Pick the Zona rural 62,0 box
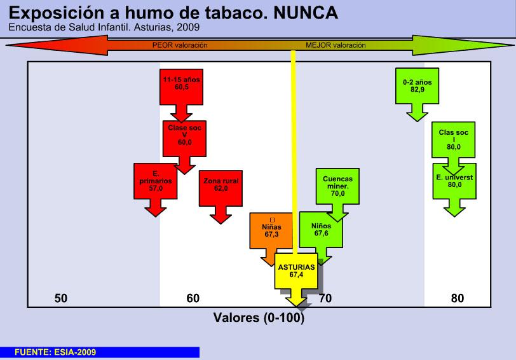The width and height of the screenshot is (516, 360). pos(221,185)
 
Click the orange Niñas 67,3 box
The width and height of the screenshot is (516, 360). pos(271,229)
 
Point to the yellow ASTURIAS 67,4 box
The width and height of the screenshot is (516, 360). pos(296,272)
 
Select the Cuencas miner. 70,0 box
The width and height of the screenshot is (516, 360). pos(337,186)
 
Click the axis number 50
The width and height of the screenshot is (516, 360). pos(61,298)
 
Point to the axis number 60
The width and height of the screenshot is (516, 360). pos(193,298)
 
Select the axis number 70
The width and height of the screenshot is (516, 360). pos(325,298)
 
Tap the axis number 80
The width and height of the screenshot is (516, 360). pos(458,298)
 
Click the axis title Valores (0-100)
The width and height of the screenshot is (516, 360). pos(259,317)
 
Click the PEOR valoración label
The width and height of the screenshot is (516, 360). pos(180,46)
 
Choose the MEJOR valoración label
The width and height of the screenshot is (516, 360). pos(336,46)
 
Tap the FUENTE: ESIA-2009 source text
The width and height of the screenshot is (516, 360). pos(55,352)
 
